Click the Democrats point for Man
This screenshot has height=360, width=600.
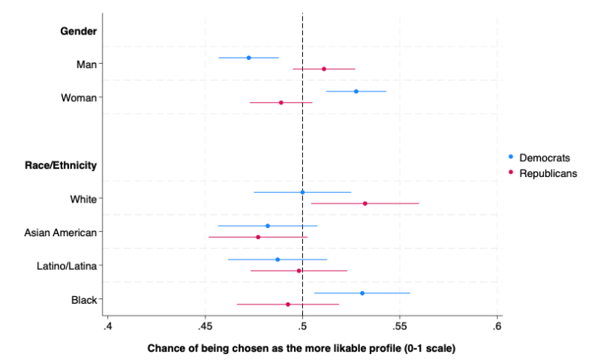249,58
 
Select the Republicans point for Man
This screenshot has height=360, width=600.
324,69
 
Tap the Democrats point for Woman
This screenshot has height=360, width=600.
356,91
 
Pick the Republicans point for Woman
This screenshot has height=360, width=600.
281,102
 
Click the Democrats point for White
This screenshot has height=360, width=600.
302,192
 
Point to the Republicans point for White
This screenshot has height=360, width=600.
365,203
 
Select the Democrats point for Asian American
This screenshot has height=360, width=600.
268,226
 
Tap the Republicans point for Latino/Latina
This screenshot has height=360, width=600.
299,271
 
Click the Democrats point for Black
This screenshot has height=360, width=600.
362,293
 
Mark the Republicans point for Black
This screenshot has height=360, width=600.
288,304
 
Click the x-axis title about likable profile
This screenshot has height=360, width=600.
301,348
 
